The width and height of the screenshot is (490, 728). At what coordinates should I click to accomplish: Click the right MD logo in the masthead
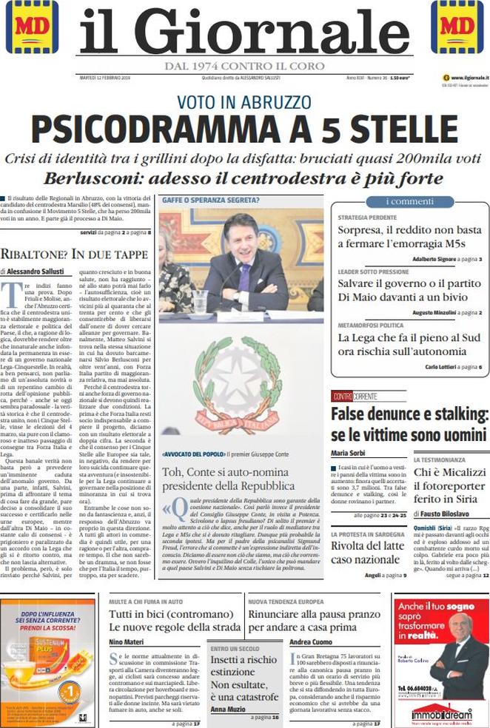coord(460,27)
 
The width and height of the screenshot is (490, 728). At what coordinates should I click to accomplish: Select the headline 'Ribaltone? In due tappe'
coord(76,254)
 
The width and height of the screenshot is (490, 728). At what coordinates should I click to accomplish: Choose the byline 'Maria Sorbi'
coord(350,453)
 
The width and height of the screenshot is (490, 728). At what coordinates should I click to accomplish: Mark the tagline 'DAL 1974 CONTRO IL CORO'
coord(244,67)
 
